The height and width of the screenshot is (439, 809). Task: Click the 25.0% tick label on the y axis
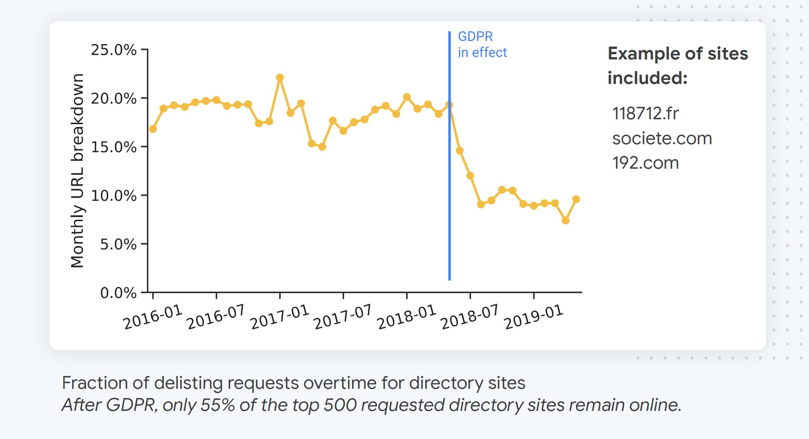coord(114,50)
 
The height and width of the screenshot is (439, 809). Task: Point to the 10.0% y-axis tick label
coord(114,196)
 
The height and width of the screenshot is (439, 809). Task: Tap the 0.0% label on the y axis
coord(118,293)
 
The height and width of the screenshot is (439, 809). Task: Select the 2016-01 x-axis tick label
coord(152,317)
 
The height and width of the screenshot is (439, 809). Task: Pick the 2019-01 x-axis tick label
coord(533,317)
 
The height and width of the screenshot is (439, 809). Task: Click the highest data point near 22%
coord(280,78)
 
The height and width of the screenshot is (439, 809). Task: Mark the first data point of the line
coord(153,129)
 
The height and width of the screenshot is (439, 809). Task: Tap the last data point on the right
coord(576,199)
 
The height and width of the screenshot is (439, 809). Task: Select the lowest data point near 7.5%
coord(565,221)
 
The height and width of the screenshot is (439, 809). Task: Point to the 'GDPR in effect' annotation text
coord(482,45)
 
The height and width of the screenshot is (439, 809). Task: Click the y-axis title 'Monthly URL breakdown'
coord(77,171)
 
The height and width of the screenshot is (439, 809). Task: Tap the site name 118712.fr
coord(645,114)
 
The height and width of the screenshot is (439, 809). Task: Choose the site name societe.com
coord(662,139)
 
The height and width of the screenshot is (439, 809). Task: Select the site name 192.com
coord(645,163)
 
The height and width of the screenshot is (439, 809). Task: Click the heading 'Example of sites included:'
coord(677,65)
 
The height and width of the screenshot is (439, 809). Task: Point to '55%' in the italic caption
coord(217,405)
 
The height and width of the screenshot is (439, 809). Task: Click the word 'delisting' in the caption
coord(187,383)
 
